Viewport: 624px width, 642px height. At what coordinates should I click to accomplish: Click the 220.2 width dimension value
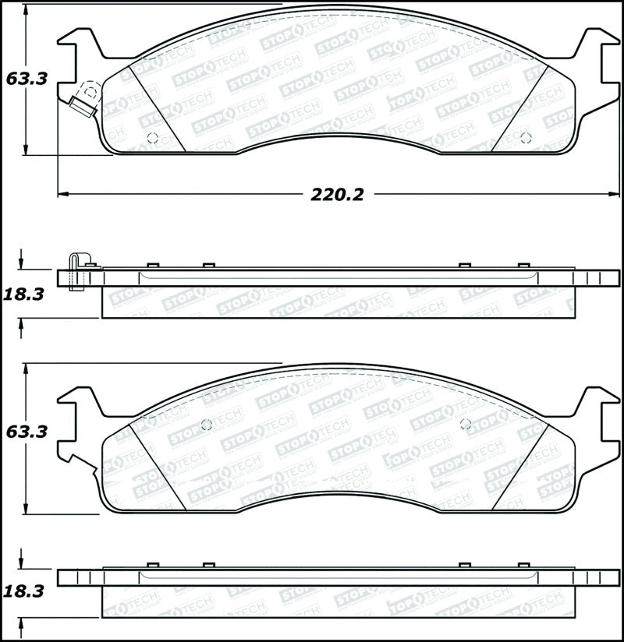(x=337, y=195)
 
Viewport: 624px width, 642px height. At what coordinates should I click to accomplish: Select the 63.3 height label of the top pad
(x=26, y=79)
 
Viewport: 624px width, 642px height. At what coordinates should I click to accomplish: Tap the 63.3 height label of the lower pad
(x=26, y=431)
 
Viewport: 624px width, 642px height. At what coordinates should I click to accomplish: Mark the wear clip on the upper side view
(x=76, y=272)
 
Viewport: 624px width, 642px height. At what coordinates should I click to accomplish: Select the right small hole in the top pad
(x=525, y=139)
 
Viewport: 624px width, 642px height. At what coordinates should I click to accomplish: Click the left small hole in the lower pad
(x=207, y=425)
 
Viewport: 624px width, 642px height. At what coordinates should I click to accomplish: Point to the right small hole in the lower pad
(x=466, y=424)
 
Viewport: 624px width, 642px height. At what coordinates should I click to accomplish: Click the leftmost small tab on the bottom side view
(x=153, y=564)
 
